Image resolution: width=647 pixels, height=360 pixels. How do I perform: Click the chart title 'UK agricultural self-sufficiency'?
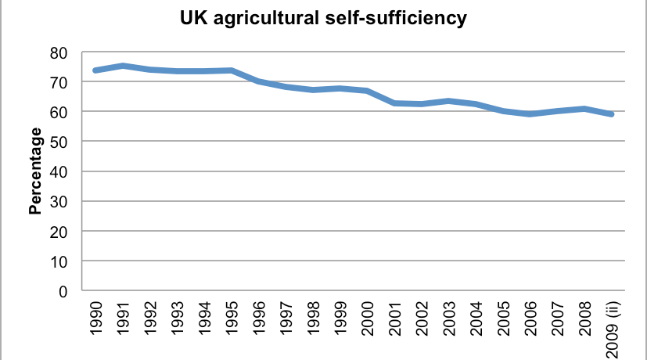click(x=324, y=18)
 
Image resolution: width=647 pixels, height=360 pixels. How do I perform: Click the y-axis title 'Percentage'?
click(x=35, y=172)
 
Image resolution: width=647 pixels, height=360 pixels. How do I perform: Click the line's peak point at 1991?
click(x=123, y=66)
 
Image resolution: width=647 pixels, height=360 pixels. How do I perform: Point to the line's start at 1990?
click(x=95, y=70)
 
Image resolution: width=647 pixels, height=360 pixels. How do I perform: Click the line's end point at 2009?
click(x=611, y=114)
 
